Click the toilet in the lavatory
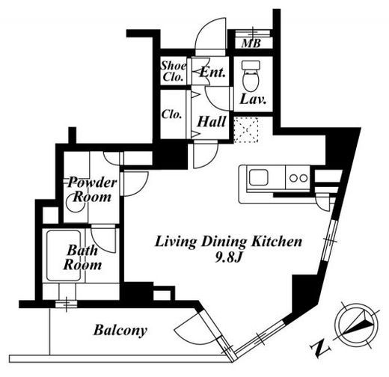251,76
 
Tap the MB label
251,43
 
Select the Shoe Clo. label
174,71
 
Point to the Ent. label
213,72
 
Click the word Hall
212,122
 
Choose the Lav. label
254,99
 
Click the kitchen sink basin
259,177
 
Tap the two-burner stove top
298,178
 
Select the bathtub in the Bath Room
64,256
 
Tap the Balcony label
120,331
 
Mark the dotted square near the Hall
246,129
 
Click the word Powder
92,183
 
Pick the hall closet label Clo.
171,114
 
